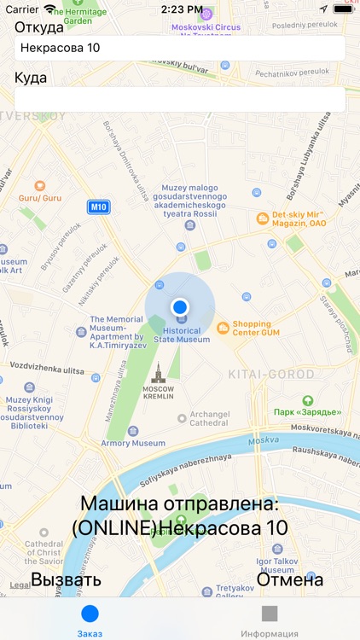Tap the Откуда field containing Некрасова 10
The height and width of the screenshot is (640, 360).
click(x=179, y=48)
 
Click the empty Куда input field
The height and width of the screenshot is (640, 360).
click(x=179, y=99)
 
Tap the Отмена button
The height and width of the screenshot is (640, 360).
click(x=290, y=580)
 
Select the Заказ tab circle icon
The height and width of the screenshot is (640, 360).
click(x=90, y=614)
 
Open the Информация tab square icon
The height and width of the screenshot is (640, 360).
click(x=270, y=614)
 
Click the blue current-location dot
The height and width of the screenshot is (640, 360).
click(x=179, y=306)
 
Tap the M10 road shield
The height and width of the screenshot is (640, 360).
click(x=99, y=207)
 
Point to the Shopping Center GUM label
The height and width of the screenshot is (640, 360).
click(x=252, y=328)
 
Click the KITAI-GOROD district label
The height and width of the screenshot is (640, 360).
click(x=271, y=374)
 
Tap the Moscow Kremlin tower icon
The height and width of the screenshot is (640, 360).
click(x=157, y=372)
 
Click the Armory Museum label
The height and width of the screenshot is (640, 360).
click(x=133, y=443)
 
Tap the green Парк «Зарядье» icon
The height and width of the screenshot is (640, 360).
click(x=308, y=400)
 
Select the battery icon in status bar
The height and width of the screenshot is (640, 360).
click(x=343, y=9)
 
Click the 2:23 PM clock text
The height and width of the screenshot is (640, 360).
click(x=180, y=9)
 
